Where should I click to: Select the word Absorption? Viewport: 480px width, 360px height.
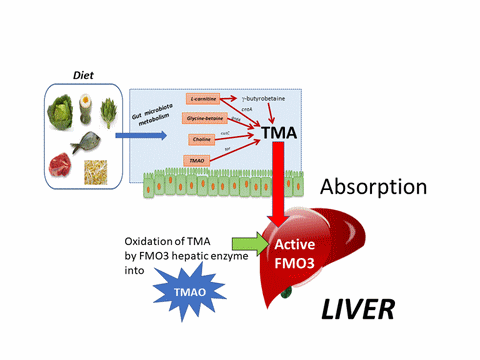point(374,186)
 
